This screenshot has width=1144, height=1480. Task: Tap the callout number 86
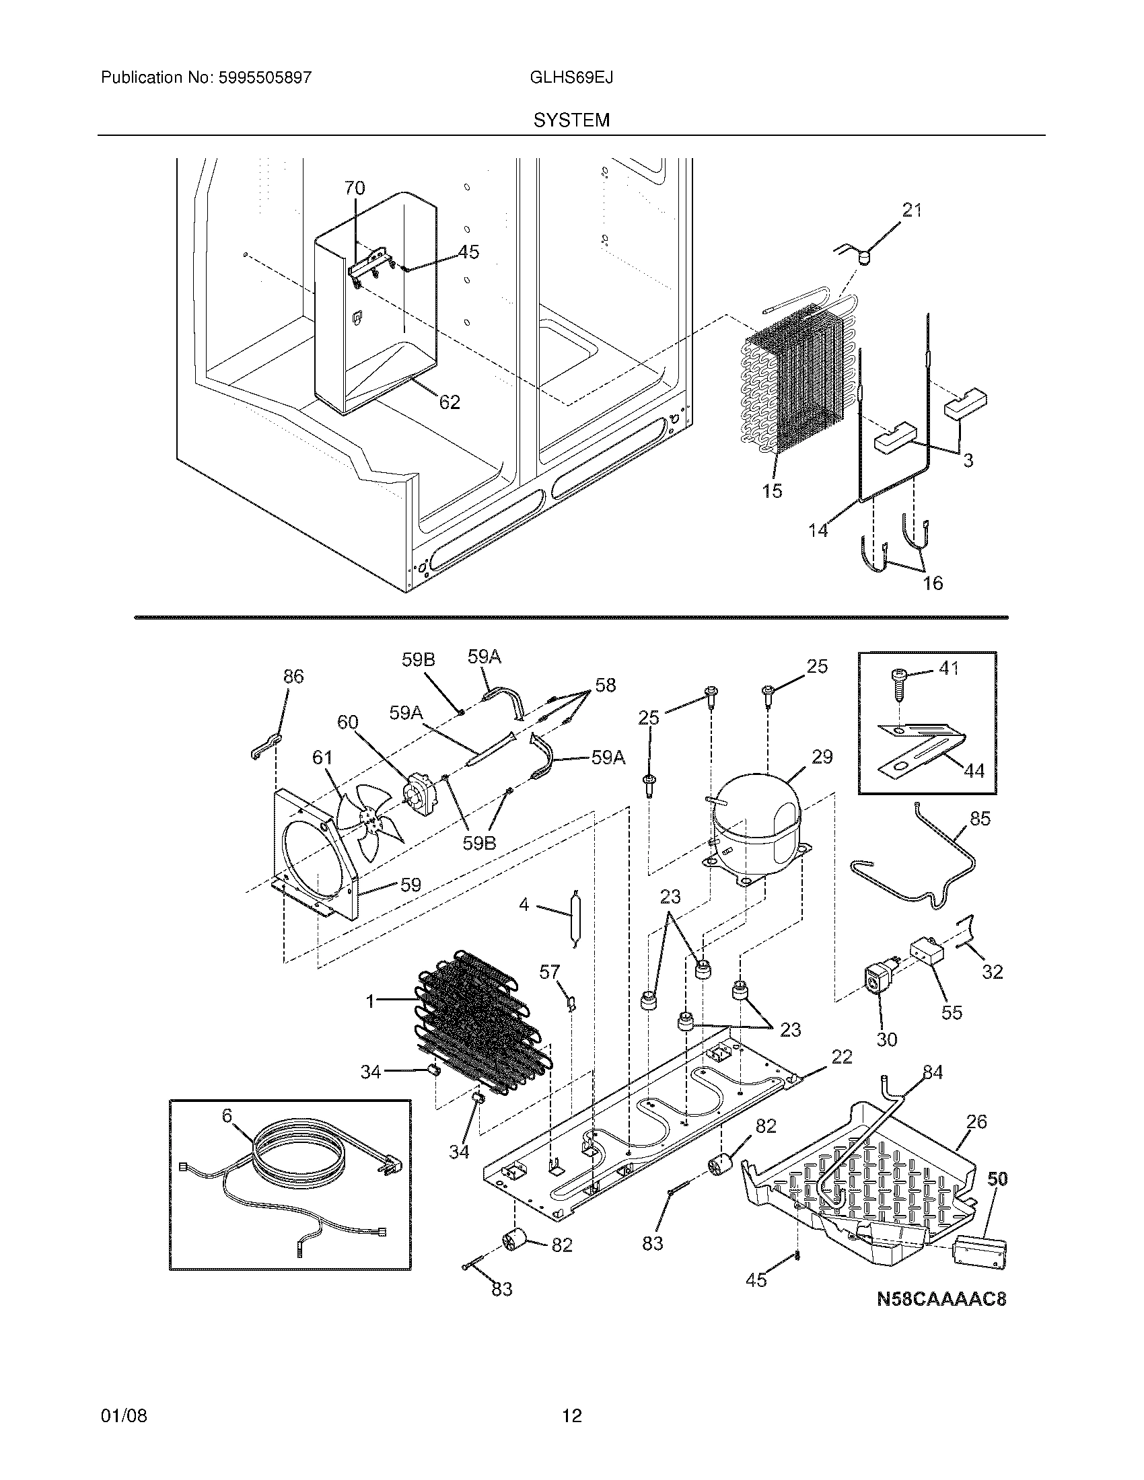point(293,675)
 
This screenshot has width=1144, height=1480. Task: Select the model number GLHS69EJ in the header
point(571,78)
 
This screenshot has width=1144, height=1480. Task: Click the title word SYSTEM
point(571,120)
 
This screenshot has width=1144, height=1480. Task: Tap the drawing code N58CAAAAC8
point(941,1299)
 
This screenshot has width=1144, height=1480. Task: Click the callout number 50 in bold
point(997,1179)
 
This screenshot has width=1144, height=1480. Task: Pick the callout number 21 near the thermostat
point(913,211)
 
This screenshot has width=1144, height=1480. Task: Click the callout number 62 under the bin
point(450,402)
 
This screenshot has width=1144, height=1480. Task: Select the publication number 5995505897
point(265,78)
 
